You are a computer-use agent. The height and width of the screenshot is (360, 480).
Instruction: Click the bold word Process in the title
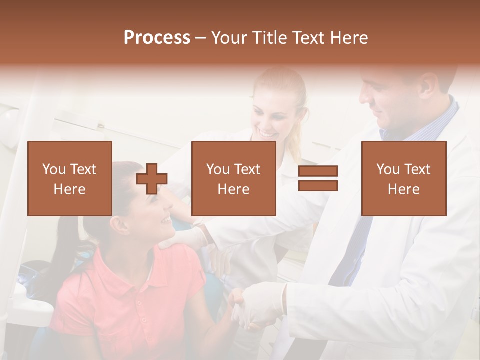157,38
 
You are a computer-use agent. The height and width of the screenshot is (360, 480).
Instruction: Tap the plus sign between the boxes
152,179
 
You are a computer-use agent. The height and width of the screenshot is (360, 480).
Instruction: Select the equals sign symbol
318,178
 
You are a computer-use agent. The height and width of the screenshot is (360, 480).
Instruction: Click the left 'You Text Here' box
70,178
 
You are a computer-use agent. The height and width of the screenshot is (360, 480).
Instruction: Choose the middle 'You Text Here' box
234,178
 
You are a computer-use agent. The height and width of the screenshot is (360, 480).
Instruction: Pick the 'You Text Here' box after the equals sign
404,178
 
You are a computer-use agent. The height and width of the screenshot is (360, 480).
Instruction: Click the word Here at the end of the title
350,38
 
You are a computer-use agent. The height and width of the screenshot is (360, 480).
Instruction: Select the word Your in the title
229,38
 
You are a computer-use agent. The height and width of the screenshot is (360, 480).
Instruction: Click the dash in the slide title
201,38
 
